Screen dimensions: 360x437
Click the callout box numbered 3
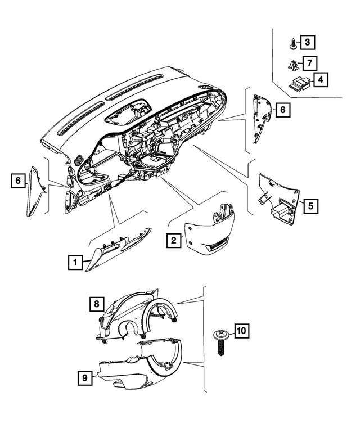coord(308,42)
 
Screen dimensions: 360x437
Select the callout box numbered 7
coord(309,63)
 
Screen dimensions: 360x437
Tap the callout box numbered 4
coord(321,80)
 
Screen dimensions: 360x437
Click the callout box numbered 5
coord(310,206)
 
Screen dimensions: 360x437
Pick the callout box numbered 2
coord(174,240)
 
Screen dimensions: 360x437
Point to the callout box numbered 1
coord(75,262)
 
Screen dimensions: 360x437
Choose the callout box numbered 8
coord(97,304)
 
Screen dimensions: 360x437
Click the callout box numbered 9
coord(85,378)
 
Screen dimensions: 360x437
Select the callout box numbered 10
coord(241,331)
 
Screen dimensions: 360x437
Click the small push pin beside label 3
coord(292,44)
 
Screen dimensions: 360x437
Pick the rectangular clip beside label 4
coord(299,83)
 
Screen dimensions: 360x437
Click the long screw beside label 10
coord(222,342)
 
